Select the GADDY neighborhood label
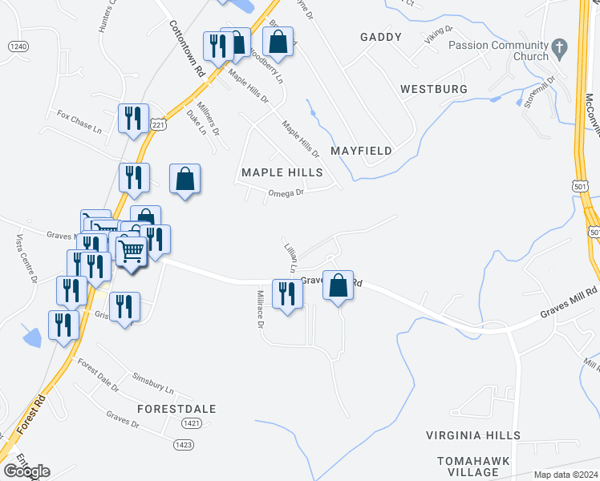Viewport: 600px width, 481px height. [x=379, y=38]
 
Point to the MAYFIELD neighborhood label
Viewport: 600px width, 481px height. [x=361, y=151]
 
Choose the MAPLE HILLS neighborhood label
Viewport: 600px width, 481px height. [x=282, y=172]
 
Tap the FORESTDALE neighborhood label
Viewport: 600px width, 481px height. [x=176, y=408]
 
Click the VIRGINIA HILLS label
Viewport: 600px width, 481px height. [x=472, y=435]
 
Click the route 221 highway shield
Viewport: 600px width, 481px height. [x=159, y=125]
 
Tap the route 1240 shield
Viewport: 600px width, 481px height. [x=18, y=47]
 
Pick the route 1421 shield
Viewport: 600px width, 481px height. [x=191, y=422]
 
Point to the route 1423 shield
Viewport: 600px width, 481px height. [x=184, y=443]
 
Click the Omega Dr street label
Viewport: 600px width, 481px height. [x=286, y=192]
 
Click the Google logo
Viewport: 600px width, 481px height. [x=26, y=471]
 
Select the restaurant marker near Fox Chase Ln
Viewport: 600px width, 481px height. [x=132, y=119]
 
